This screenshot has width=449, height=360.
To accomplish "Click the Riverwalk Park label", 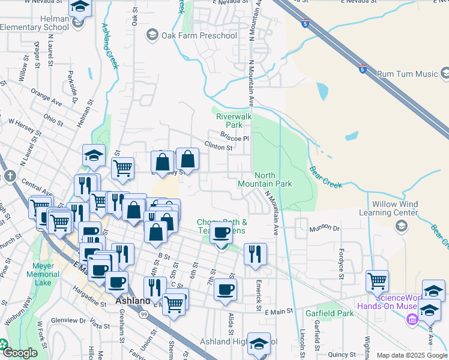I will click(229, 121).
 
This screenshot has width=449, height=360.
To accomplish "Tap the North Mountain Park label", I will click(265, 179).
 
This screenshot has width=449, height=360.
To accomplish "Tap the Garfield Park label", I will click(329, 313).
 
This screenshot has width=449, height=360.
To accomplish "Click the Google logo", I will click(20, 353).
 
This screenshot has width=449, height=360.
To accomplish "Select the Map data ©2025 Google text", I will click(412, 355).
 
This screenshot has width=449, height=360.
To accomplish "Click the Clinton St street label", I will click(218, 146).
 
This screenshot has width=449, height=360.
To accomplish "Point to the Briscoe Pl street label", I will click(234, 137).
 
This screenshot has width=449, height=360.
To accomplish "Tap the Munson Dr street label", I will click(324, 229).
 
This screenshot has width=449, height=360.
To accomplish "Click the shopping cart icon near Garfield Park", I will click(377, 280).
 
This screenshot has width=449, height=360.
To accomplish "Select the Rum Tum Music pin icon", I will click(445, 73).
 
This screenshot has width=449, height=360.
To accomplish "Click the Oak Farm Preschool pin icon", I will click(152, 35).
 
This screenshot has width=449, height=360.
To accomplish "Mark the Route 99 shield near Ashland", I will click(144, 314).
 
